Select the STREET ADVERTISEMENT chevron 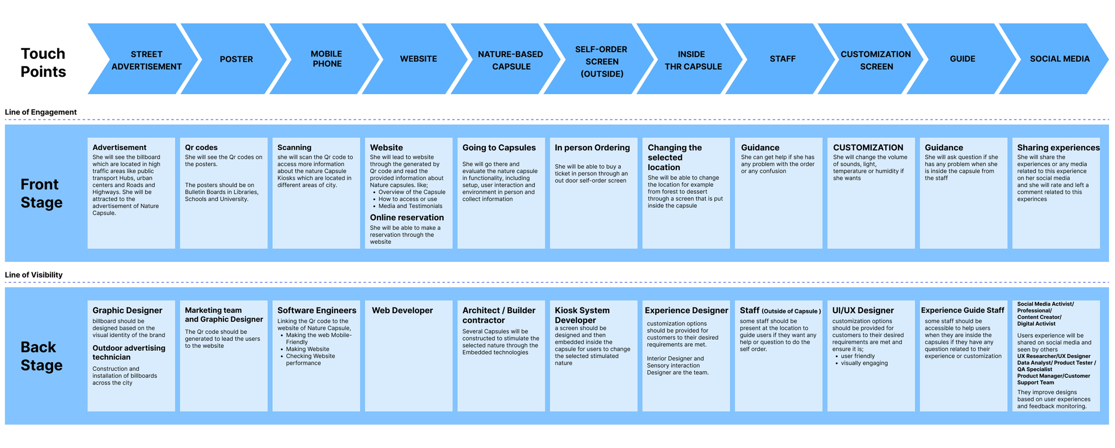pyautogui.click(x=146, y=60)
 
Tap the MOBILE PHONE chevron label pyautogui.click(x=327, y=59)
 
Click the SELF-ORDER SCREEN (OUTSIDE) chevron pyautogui.click(x=601, y=62)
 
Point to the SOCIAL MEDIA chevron pyautogui.click(x=1059, y=59)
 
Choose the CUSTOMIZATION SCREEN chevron pyautogui.click(x=876, y=60)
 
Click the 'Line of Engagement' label pyautogui.click(x=41, y=112)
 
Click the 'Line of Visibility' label pyautogui.click(x=34, y=275)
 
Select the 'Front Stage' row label pyautogui.click(x=42, y=194)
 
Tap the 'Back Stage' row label pyautogui.click(x=42, y=356)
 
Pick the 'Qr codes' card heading pyautogui.click(x=201, y=148)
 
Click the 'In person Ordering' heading pyautogui.click(x=592, y=148)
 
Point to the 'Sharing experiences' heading pyautogui.click(x=1058, y=148)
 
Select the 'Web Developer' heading pyautogui.click(x=402, y=310)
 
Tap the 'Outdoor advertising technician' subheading pyautogui.click(x=128, y=352)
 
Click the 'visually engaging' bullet pyautogui.click(x=864, y=363)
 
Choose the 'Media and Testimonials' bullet pyautogui.click(x=410, y=206)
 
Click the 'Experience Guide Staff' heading pyautogui.click(x=962, y=310)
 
